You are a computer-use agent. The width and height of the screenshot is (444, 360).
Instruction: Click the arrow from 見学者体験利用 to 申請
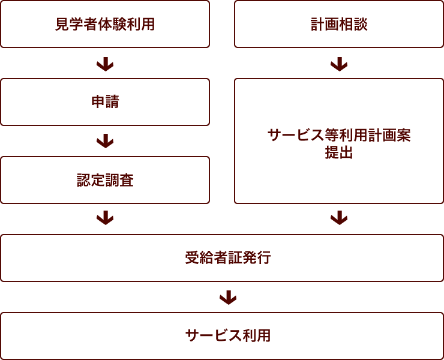click(105, 64)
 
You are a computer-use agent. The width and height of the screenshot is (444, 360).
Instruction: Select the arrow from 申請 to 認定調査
click(105, 142)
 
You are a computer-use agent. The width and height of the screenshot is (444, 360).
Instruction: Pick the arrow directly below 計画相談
click(339, 64)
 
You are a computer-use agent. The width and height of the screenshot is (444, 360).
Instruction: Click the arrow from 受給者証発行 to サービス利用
click(227, 297)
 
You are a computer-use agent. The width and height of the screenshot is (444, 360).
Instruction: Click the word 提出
click(339, 153)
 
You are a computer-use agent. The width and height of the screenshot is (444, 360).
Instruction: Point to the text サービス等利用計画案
click(339, 135)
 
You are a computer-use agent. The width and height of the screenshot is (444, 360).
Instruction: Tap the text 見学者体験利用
click(105, 25)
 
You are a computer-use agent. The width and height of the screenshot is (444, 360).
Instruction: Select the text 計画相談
click(339, 25)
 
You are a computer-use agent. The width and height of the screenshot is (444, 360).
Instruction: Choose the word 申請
click(105, 102)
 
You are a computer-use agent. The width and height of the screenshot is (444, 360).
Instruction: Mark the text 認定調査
click(105, 180)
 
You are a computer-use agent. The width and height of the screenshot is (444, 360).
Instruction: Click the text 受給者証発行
click(227, 258)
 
